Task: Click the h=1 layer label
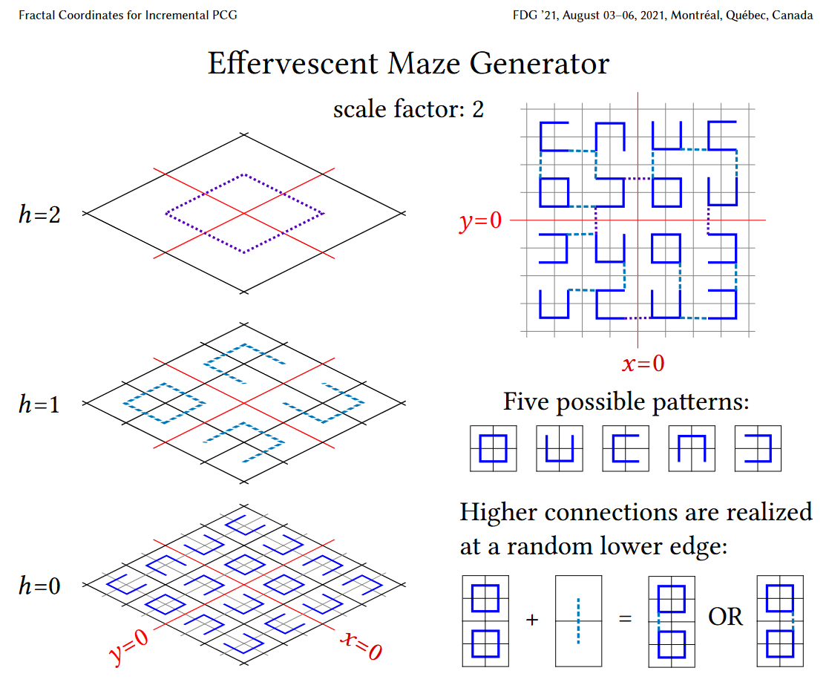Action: pyautogui.click(x=39, y=404)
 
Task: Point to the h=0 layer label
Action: pyautogui.click(x=39, y=586)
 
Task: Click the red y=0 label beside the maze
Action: pyautogui.click(x=481, y=221)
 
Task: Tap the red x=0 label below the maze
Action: pyautogui.click(x=643, y=364)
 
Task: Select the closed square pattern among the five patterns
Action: pyautogui.click(x=493, y=448)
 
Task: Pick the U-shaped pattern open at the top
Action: pyautogui.click(x=559, y=448)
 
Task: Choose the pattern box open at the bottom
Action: pyautogui.click(x=691, y=448)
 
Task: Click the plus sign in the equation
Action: pyautogui.click(x=531, y=619)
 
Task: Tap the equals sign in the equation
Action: pyautogui.click(x=625, y=619)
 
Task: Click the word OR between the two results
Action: pyautogui.click(x=725, y=617)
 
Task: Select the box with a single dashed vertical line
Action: pyautogui.click(x=578, y=620)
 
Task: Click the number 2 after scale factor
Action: pyautogui.click(x=478, y=110)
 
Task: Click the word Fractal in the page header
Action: pyautogui.click(x=38, y=15)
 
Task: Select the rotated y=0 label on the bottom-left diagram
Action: pyautogui.click(x=128, y=647)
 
